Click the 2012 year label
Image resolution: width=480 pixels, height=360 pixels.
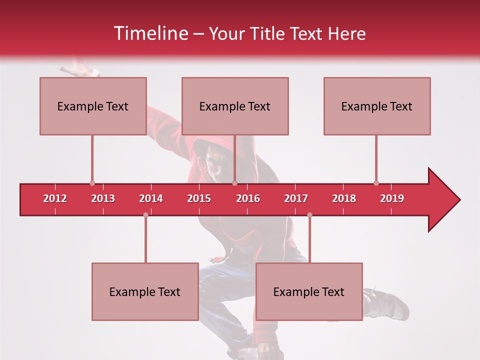point(55,199)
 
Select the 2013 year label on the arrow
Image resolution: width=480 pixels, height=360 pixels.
point(103,199)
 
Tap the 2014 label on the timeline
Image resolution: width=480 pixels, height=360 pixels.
point(151,199)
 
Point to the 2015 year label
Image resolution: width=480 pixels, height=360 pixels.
point(199,199)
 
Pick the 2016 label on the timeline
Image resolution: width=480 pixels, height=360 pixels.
point(248,199)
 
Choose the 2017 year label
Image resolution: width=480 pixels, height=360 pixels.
point(296,199)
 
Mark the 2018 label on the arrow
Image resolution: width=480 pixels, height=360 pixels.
point(344,199)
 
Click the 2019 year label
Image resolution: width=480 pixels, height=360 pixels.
point(392,199)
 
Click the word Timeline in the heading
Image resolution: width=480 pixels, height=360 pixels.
point(150,33)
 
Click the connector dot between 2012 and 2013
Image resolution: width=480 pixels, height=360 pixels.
point(92,183)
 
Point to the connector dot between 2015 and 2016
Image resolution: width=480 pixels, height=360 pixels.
point(234,183)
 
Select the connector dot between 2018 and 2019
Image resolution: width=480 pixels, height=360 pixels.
point(376,183)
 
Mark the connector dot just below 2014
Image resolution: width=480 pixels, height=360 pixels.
point(145,215)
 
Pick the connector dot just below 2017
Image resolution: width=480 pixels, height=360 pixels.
point(309,215)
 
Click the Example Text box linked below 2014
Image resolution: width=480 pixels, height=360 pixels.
point(145,291)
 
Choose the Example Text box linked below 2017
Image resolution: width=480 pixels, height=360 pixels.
point(309,291)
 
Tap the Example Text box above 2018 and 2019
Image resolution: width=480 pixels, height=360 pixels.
point(377,106)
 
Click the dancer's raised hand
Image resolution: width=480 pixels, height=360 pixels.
point(80,67)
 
